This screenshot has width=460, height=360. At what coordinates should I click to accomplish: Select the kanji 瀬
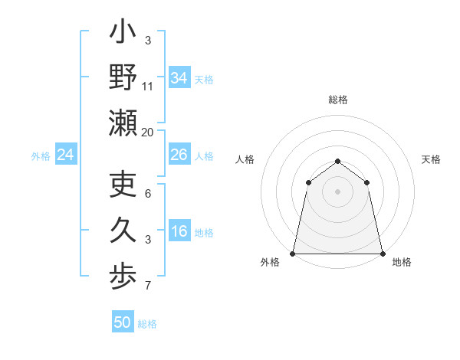pyautogui.click(x=123, y=123)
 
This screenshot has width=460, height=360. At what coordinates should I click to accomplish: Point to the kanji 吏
pyautogui.click(x=123, y=185)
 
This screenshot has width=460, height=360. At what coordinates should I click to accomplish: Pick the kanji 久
pyautogui.click(x=123, y=231)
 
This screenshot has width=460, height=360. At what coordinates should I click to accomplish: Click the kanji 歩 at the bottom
pyautogui.click(x=123, y=275)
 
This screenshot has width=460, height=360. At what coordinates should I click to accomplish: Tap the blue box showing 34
pyautogui.click(x=179, y=77)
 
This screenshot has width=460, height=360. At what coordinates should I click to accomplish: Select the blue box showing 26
pyautogui.click(x=179, y=155)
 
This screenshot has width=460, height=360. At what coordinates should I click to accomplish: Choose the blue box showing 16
pyautogui.click(x=179, y=231)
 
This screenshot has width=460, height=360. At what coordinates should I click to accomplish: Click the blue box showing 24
pyautogui.click(x=66, y=155)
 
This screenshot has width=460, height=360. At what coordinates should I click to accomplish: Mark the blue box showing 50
pyautogui.click(x=123, y=322)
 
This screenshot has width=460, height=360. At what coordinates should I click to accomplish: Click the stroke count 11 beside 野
pyautogui.click(x=148, y=87)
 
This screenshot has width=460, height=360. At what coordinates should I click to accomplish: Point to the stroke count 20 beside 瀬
pyautogui.click(x=148, y=132)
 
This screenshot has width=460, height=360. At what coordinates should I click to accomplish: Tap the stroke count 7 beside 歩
pyautogui.click(x=148, y=286)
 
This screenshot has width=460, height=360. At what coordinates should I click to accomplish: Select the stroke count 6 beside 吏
pyautogui.click(x=148, y=195)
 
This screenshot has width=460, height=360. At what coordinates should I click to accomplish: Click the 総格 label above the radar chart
pyautogui.click(x=337, y=100)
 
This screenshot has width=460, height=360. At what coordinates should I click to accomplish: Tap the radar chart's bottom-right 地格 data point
pyautogui.click(x=382, y=253)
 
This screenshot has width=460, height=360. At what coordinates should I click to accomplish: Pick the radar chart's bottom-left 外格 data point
pyautogui.click(x=293, y=253)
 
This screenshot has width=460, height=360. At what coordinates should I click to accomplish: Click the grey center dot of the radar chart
pyautogui.click(x=337, y=191)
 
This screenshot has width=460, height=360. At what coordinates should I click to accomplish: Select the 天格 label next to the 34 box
pyautogui.click(x=204, y=79)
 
